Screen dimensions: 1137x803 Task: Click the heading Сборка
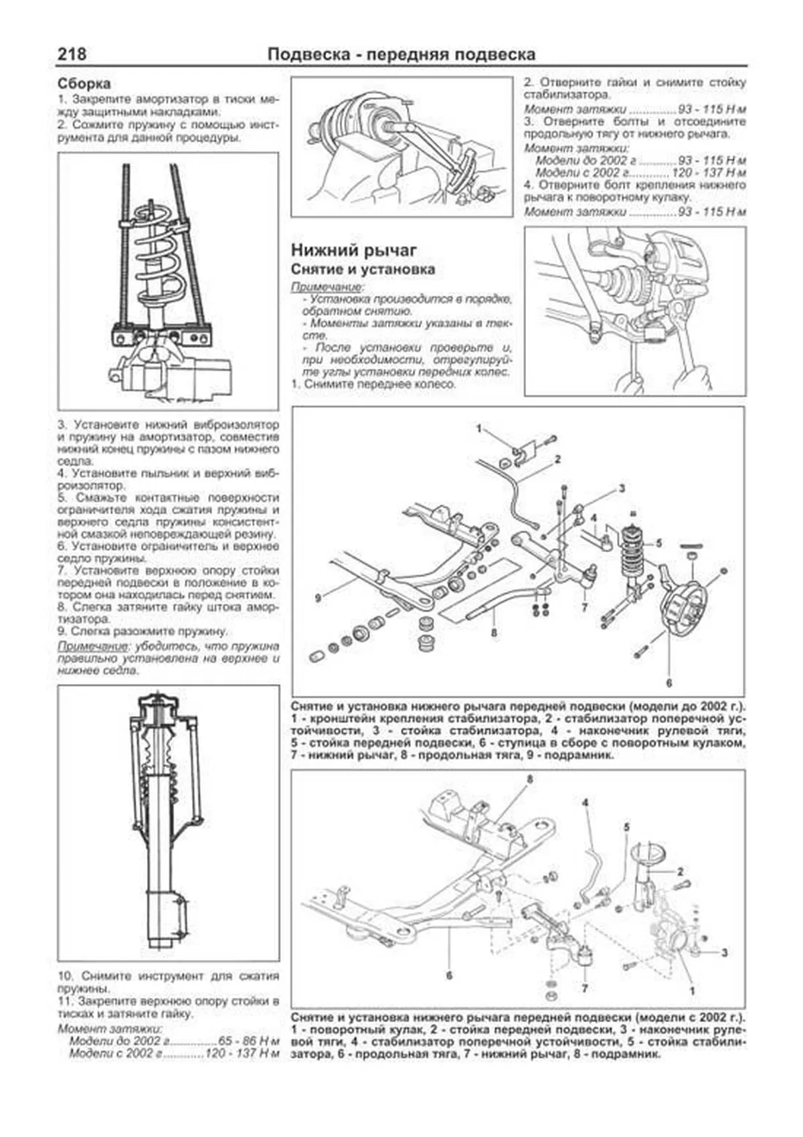84,84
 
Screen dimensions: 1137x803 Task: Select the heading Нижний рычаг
354,250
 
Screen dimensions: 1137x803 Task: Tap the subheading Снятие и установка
363,270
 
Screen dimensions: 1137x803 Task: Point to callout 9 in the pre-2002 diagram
319,596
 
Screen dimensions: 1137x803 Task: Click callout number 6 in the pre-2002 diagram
668,683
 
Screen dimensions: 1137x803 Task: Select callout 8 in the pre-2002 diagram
494,631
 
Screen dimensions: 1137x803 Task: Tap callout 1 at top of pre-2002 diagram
478,429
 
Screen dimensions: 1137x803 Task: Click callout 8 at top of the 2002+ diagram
529,779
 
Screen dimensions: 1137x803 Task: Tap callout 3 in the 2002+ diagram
725,952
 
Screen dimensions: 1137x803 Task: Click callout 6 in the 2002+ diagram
449,975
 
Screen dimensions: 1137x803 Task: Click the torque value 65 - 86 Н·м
248,1041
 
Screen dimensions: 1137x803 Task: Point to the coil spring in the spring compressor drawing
159,254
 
